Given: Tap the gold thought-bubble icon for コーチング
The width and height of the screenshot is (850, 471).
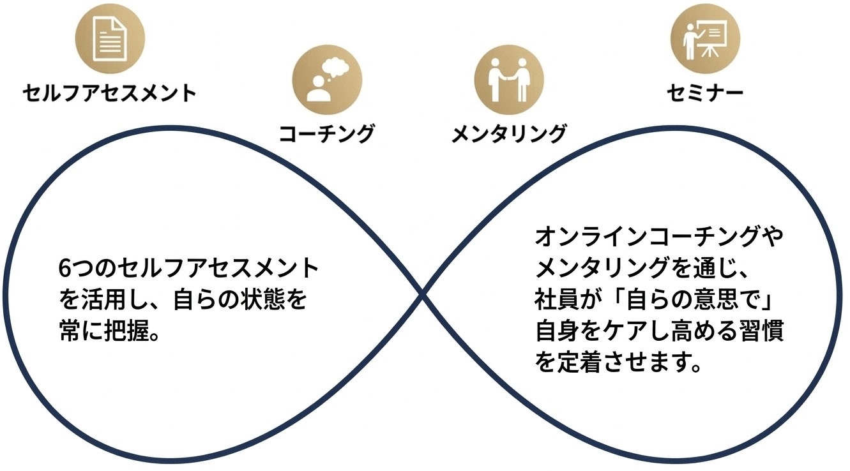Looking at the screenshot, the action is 326,79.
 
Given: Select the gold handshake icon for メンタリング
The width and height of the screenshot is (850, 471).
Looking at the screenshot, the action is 508,78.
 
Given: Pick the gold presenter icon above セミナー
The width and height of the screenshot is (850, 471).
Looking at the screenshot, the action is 705,38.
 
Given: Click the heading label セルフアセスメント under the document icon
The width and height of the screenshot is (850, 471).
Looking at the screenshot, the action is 110,94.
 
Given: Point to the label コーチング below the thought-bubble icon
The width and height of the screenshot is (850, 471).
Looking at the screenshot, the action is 326,134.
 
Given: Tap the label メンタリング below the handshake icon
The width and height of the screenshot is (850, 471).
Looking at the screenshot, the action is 508,134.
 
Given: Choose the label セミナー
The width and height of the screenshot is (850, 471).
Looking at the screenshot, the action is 705,94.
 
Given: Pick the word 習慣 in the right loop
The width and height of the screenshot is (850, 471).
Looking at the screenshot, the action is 763,332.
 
